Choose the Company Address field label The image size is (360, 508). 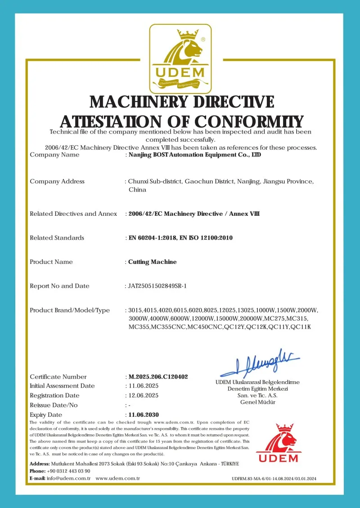click(x=57, y=181)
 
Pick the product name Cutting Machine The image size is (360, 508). click(x=153, y=262)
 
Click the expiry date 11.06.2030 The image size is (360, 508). click(x=143, y=414)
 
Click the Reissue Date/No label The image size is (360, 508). click(x=54, y=405)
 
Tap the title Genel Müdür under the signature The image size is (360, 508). click(x=258, y=402)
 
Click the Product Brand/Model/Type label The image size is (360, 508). click(x=70, y=310)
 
